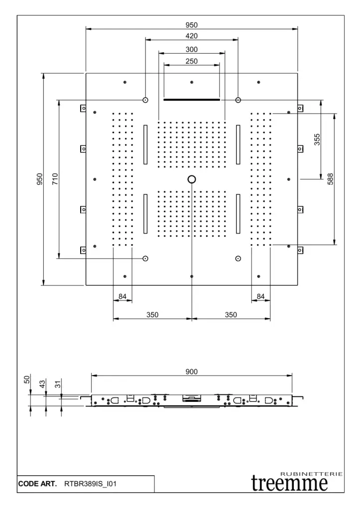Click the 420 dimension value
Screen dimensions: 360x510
coord(192,36)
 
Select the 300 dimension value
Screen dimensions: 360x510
coord(192,49)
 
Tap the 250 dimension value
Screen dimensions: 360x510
coord(192,61)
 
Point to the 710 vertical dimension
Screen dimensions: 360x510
coord(55,179)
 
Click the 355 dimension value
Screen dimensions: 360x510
coord(317,139)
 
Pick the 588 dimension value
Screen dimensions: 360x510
coord(331,179)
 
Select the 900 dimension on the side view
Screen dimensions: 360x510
coord(192,372)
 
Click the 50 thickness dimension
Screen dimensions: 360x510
coord(27,380)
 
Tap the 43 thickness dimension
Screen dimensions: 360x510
coord(42,384)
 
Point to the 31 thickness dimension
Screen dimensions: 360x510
coord(58,384)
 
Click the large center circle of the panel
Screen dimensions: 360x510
coord(192,179)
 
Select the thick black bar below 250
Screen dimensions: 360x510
coord(192,100)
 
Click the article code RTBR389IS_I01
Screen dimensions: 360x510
coord(90,484)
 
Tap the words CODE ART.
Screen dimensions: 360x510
coord(37,484)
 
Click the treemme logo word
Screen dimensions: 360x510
coord(289,483)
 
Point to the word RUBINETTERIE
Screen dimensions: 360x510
coord(311,474)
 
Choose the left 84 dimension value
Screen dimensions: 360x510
coord(122,296)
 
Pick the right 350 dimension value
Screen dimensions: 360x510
coord(231,315)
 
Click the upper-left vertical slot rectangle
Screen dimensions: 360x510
coord(145,144)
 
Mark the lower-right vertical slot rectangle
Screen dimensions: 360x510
coord(238,214)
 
